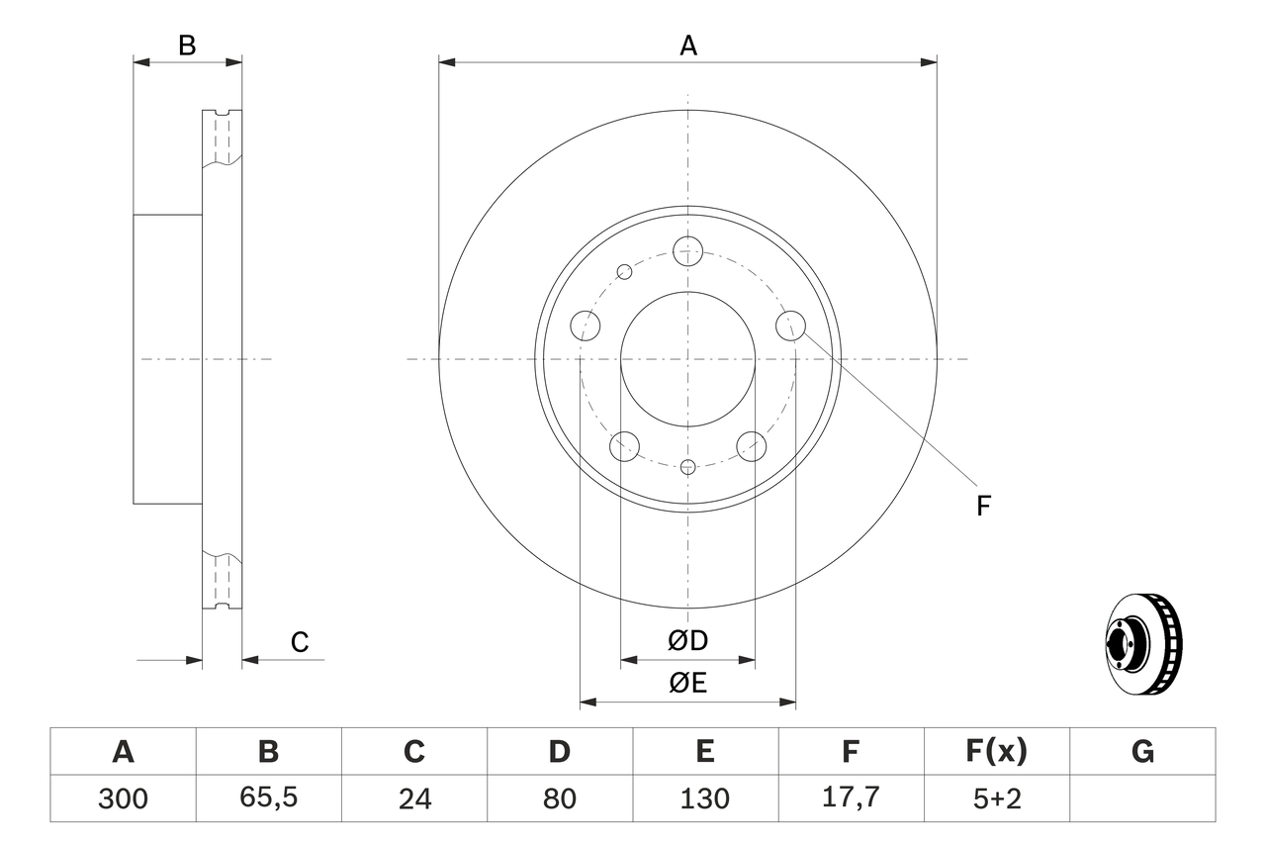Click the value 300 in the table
pos(123,798)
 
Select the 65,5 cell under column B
pos(268,798)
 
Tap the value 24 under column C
pos(413,798)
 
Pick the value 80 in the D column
pos(560,798)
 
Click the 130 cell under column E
pos(705,798)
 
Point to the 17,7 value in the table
pos(851,798)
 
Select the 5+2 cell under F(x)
pos(996,798)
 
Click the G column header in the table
pos(1142,752)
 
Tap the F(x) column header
pos(996,752)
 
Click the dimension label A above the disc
pos(688,46)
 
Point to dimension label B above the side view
pos(187,46)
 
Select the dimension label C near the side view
pos(300,643)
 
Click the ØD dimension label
pos(688,641)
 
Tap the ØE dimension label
pos(688,684)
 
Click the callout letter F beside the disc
pos(983,507)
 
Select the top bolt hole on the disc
pos(688,250)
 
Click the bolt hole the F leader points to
pos(791,325)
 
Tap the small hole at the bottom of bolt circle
pos(688,466)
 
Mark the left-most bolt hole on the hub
pos(587,325)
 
